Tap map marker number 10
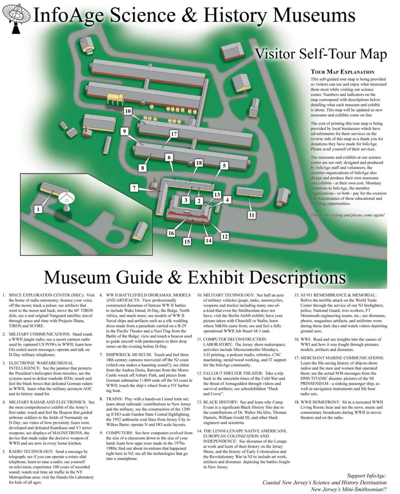[128, 111]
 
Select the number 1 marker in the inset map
[38, 209]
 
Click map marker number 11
[252, 215]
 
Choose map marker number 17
[174, 134]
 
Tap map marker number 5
[224, 166]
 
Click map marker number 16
[171, 233]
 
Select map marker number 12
[225, 236]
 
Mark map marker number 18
[199, 163]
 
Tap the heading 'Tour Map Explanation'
[342, 72]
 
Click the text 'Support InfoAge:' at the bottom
[366, 476]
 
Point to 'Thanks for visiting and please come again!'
[347, 215]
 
